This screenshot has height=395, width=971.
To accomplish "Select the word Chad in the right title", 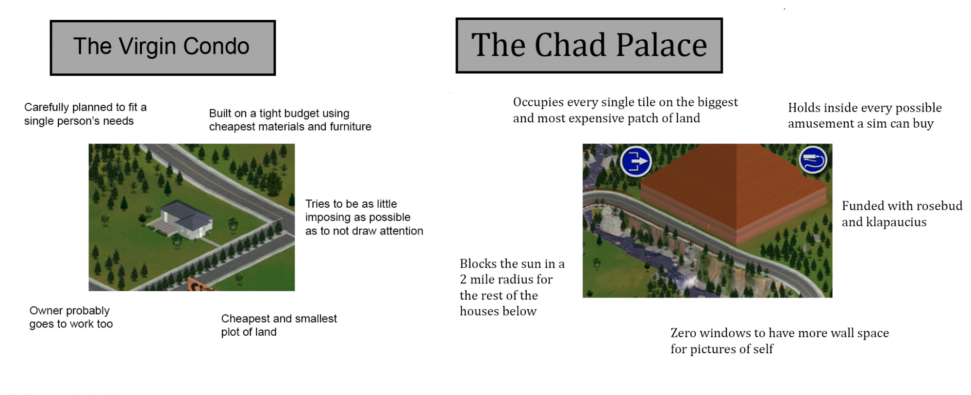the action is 571,45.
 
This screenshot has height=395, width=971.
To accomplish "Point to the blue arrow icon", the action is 636,161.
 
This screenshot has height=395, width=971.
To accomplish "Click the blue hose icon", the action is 813,160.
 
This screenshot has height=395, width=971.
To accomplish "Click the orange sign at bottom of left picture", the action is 201,285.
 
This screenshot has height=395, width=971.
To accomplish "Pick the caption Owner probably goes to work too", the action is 71,317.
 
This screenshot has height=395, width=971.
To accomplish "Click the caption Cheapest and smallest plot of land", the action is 279,325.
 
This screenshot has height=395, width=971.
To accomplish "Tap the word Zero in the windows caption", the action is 683,333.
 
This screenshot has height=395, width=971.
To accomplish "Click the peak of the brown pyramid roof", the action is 737,145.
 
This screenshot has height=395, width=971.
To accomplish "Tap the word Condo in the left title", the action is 216,47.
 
